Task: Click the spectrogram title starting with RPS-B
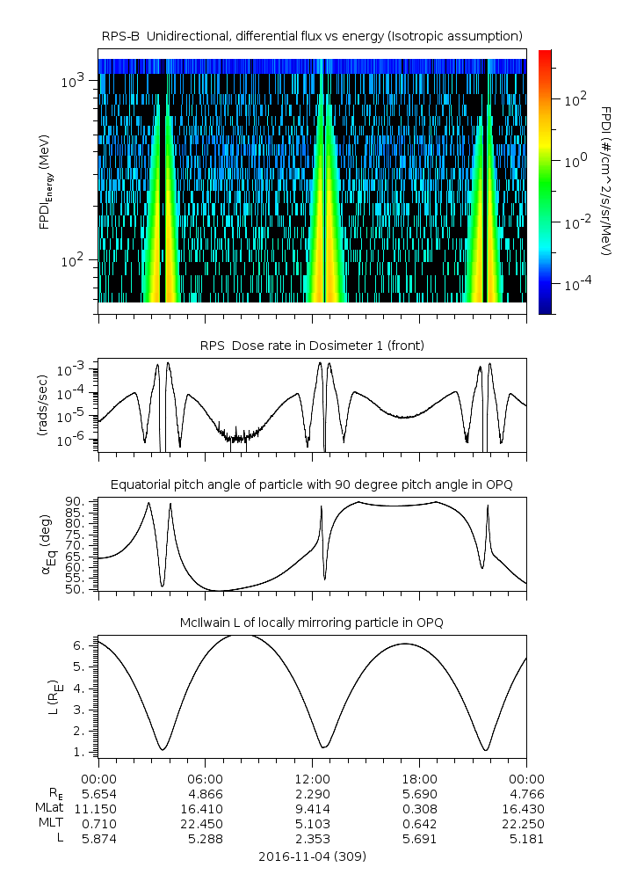click(312, 35)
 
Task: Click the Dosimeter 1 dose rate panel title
click(312, 346)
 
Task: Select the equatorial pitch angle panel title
click(312, 484)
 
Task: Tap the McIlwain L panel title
click(312, 623)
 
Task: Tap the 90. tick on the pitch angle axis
click(74, 502)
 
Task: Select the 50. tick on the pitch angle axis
click(74, 589)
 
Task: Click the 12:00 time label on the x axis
click(312, 779)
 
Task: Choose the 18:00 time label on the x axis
click(419, 779)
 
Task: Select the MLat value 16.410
click(206, 809)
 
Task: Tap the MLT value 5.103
click(312, 824)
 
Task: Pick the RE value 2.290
click(312, 794)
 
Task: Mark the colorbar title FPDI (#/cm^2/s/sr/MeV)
click(606, 180)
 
